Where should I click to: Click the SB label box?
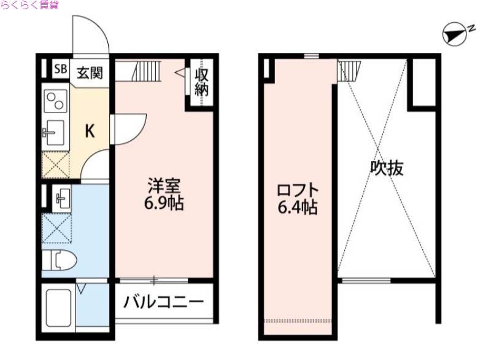tap(60, 69)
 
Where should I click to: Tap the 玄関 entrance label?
tap(89, 72)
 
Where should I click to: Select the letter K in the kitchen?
tap(90, 130)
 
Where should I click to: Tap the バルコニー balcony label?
tap(163, 302)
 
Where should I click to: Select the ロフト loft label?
tap(298, 189)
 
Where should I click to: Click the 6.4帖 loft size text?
tap(298, 208)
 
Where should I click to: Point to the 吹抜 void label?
tap(387, 168)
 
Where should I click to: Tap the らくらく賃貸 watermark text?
tap(30, 7)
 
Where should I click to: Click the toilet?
tap(58, 262)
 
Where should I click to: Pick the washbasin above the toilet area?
tap(61, 198)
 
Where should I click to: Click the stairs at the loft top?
tap(347, 71)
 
